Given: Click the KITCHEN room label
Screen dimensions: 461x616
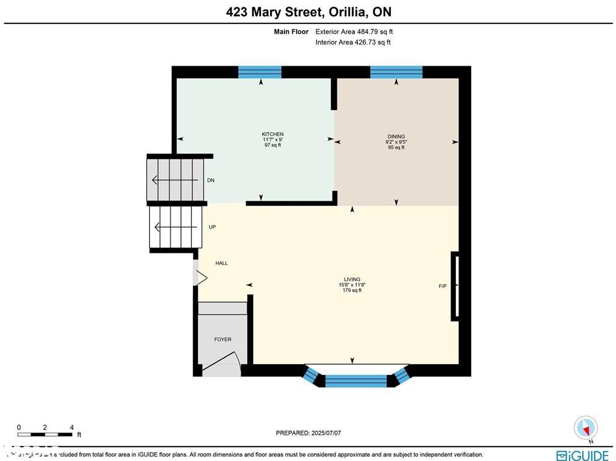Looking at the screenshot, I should (x=273, y=134).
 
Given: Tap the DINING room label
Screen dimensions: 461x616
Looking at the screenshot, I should (x=396, y=137).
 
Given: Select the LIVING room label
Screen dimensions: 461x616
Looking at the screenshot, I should (x=352, y=279).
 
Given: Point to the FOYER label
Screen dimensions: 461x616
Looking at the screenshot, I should (x=223, y=339).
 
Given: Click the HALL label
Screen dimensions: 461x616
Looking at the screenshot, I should (x=222, y=263).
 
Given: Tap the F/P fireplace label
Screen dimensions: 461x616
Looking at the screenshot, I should (x=443, y=286).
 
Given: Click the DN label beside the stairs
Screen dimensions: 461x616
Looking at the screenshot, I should (x=211, y=180).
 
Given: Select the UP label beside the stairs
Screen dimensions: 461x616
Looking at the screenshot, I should (x=212, y=227).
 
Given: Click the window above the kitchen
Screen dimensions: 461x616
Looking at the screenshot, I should (x=260, y=72).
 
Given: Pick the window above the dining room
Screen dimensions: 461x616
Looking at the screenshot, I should (x=396, y=72).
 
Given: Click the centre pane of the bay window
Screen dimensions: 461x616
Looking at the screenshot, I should (x=356, y=380).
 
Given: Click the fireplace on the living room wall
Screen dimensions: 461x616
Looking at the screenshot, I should (x=455, y=286).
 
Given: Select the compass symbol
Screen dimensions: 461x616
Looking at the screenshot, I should (x=585, y=427).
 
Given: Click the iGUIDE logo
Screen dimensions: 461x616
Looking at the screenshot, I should (x=582, y=455).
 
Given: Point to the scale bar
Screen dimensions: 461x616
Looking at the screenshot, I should (x=45, y=434).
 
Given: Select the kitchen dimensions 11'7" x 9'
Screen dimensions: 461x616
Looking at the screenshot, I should (x=273, y=140).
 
